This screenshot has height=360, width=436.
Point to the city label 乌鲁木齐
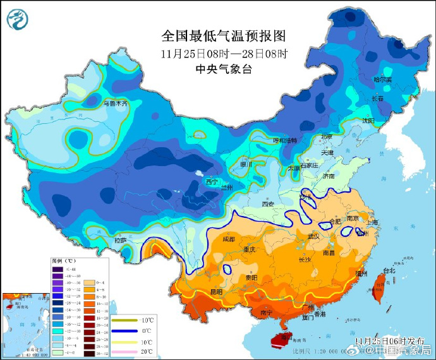point(115,103)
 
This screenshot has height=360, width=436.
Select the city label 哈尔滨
point(382,80)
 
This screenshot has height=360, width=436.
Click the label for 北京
point(326,136)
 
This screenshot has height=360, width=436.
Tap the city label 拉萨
point(120,241)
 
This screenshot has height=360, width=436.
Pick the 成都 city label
point(229,239)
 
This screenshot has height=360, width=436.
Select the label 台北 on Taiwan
point(389,271)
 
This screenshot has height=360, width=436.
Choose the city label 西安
point(268,204)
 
